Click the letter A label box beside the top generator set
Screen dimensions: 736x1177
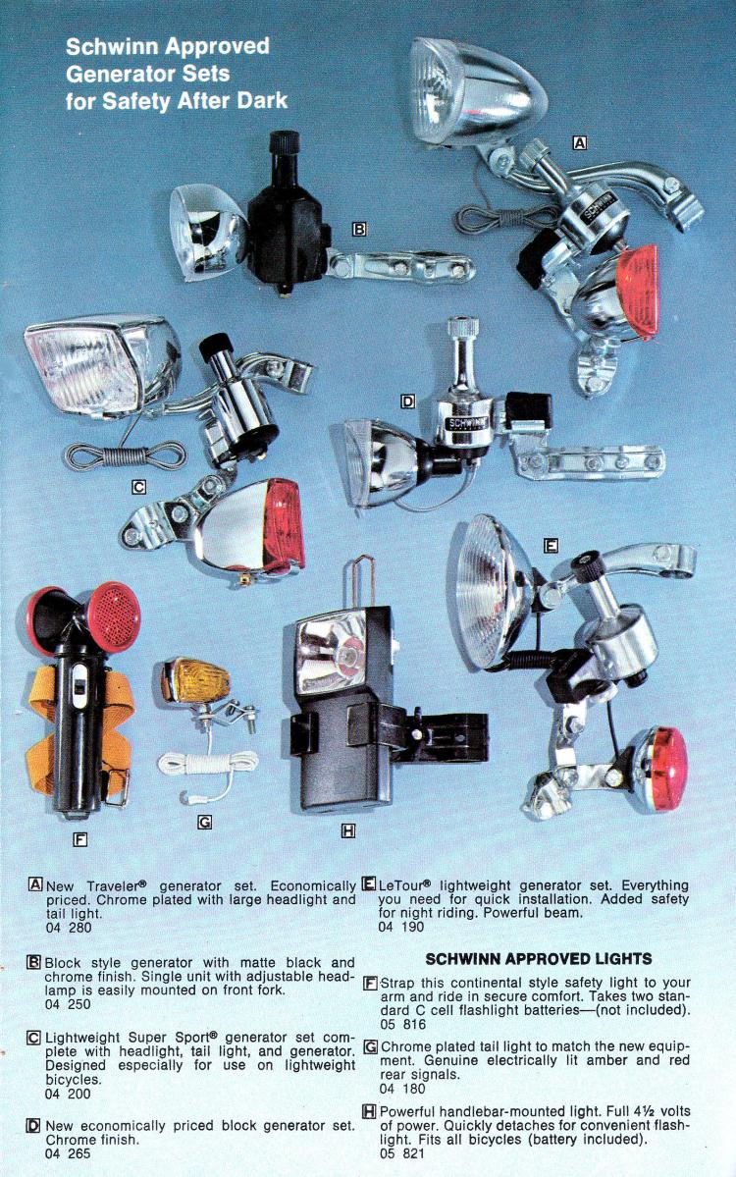point(579,142)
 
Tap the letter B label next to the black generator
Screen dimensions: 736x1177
point(359,229)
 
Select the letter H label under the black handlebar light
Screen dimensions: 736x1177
point(347,830)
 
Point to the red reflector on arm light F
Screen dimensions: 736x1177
point(113,616)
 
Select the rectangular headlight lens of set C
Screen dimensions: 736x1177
point(83,369)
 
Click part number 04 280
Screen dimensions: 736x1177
point(69,928)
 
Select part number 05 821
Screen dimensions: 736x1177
point(402,1153)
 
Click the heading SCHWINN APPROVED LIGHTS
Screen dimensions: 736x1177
point(539,958)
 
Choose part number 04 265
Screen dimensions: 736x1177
point(69,1153)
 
